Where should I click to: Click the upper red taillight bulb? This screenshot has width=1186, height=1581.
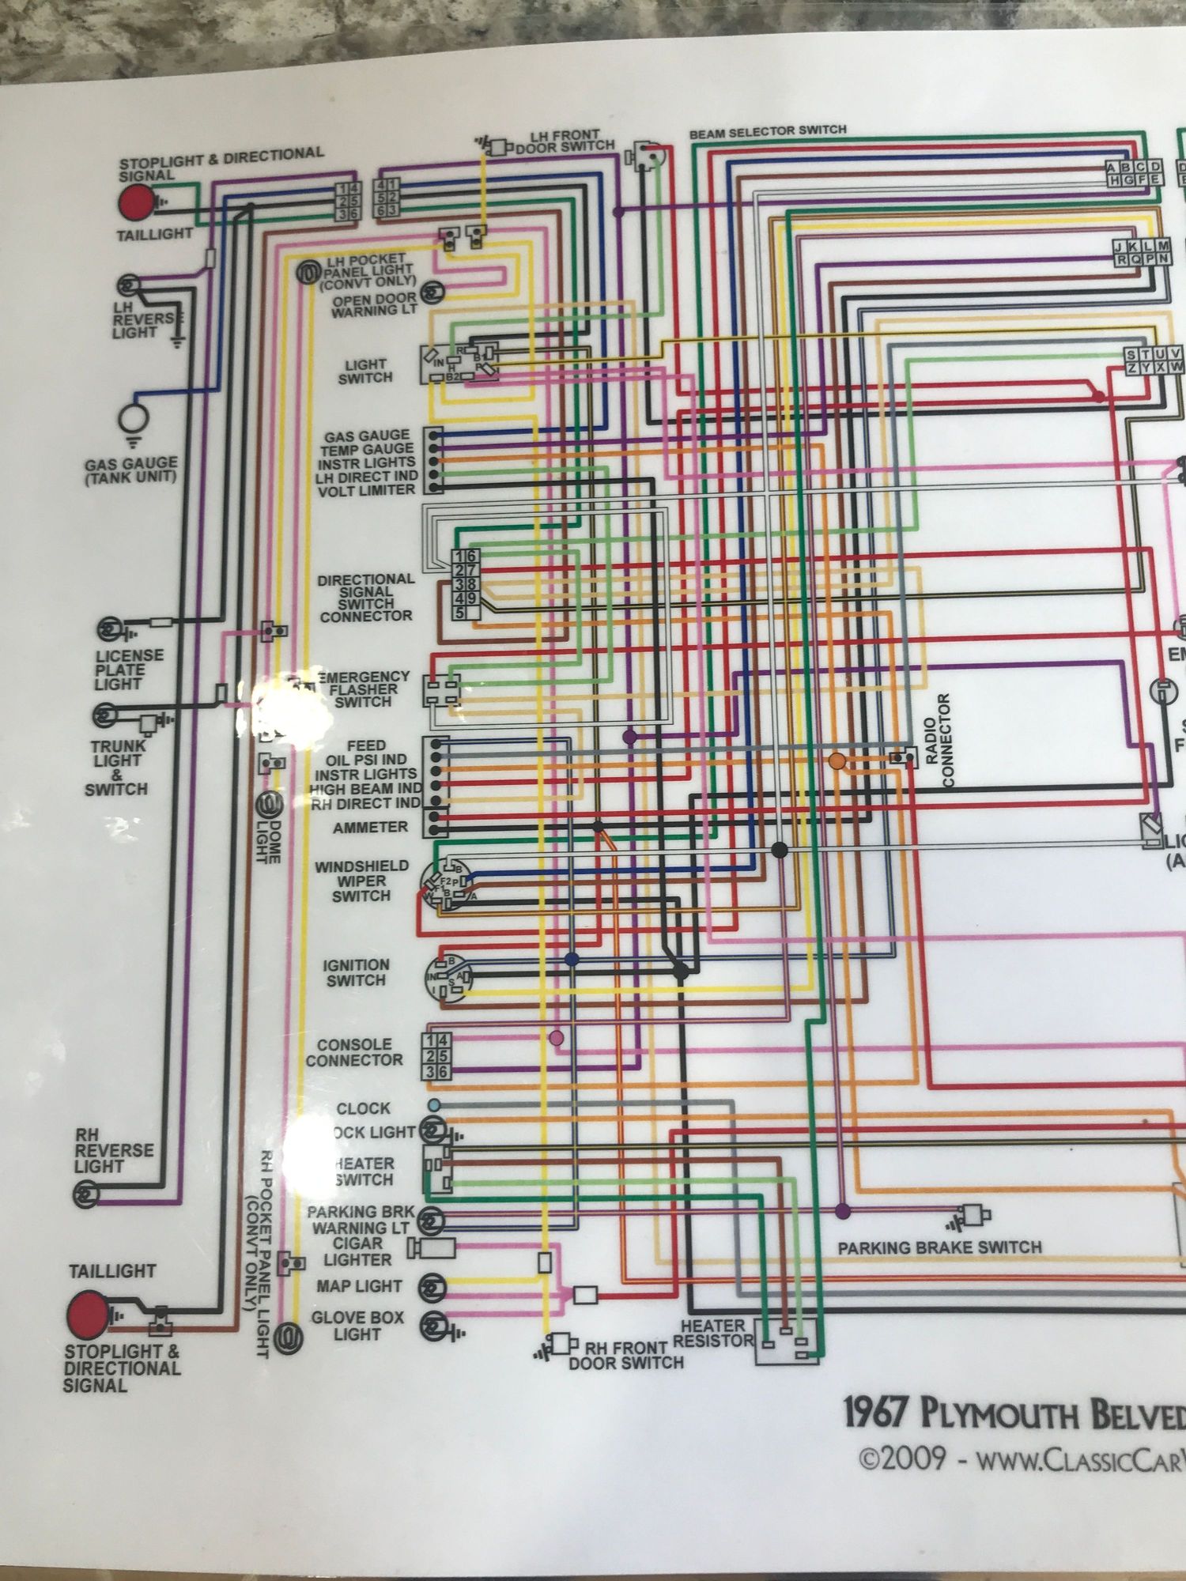pyautogui.click(x=136, y=202)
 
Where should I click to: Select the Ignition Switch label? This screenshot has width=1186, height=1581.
pyautogui.click(x=356, y=972)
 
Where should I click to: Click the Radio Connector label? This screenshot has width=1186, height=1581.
pyautogui.click(x=939, y=740)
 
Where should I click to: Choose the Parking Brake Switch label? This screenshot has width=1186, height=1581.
pyautogui.click(x=939, y=1247)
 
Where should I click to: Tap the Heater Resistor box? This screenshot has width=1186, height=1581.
pyautogui.click(x=788, y=1341)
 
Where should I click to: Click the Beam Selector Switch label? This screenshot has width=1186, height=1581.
pyautogui.click(x=767, y=131)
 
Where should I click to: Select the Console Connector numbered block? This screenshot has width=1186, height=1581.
pyautogui.click(x=437, y=1056)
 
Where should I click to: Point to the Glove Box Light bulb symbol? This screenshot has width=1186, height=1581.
pyautogui.click(x=432, y=1326)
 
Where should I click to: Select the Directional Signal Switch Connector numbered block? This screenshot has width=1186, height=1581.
pyautogui.click(x=465, y=584)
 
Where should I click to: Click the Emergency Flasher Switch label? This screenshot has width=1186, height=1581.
pyautogui.click(x=364, y=689)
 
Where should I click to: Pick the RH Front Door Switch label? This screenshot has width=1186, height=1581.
pyautogui.click(x=626, y=1355)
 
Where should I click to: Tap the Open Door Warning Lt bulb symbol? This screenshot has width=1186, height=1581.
pyautogui.click(x=432, y=293)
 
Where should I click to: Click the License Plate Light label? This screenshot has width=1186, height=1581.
pyautogui.click(x=129, y=670)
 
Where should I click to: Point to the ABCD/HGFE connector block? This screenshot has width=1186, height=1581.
pyautogui.click(x=1134, y=173)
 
